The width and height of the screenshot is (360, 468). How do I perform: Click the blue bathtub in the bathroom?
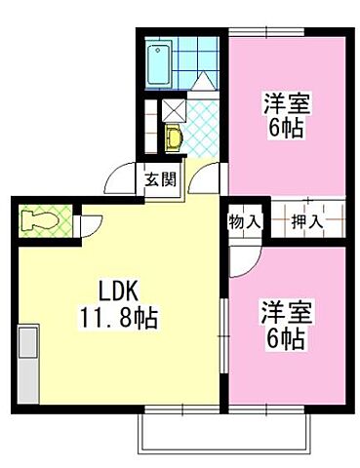pyautogui.click(x=158, y=63)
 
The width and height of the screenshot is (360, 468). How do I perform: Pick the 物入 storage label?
pyautogui.click(x=244, y=221)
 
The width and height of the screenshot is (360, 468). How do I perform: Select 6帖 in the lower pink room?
pyautogui.click(x=282, y=339)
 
